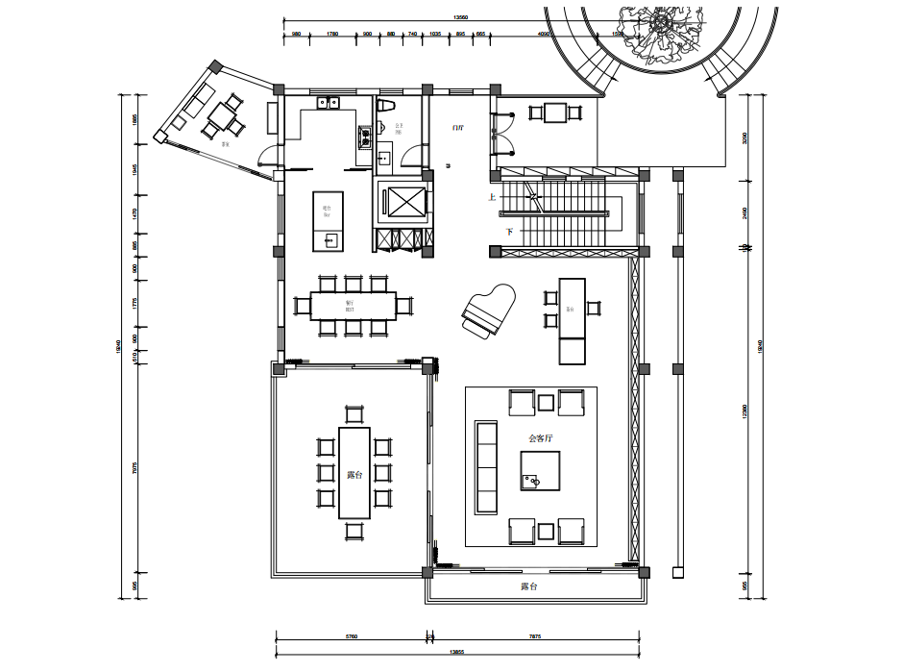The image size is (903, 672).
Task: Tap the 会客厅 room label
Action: [543, 437]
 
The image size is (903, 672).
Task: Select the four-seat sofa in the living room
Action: [487, 466]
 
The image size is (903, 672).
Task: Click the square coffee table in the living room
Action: [541, 470]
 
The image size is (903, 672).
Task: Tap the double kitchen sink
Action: [329, 102]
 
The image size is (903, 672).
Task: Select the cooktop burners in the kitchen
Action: [365, 137]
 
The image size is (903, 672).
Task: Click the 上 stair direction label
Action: [493, 198]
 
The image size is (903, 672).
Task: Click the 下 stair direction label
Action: [509, 233]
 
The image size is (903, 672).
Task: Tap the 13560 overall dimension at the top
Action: [460, 17]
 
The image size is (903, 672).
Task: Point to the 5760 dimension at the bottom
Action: [351, 636]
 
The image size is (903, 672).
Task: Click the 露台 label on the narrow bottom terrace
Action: [529, 585]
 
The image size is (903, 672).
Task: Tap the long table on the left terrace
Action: [354, 472]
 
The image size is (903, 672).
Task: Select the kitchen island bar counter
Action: [328, 220]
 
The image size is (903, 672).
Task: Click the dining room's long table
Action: [353, 306]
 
